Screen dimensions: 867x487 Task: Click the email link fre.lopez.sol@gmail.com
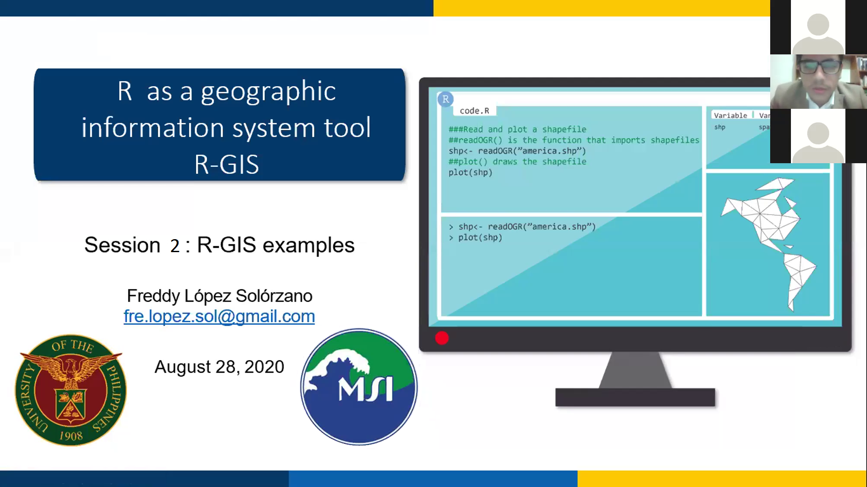pos(219,316)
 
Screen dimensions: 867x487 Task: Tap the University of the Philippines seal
pos(71,390)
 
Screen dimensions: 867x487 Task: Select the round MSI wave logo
pos(359,387)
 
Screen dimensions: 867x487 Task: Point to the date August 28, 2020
pos(219,367)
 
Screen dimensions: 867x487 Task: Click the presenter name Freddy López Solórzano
pos(220,296)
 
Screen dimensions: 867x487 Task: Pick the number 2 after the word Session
pos(175,246)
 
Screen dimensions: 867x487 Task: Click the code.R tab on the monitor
pos(475,111)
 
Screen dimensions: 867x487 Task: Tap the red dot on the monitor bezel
pos(442,338)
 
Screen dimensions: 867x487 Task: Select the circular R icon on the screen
pos(446,99)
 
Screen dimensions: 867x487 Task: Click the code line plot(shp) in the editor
pos(470,173)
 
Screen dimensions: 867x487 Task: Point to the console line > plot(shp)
pos(475,238)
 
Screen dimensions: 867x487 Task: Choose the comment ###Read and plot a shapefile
pos(517,130)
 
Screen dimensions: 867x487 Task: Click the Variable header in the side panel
pos(730,115)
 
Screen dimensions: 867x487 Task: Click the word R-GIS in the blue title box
pos(226,164)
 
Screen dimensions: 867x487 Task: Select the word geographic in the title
pos(268,92)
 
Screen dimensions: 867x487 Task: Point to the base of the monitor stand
pos(635,397)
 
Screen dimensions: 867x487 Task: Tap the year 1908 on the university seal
pos(71,436)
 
